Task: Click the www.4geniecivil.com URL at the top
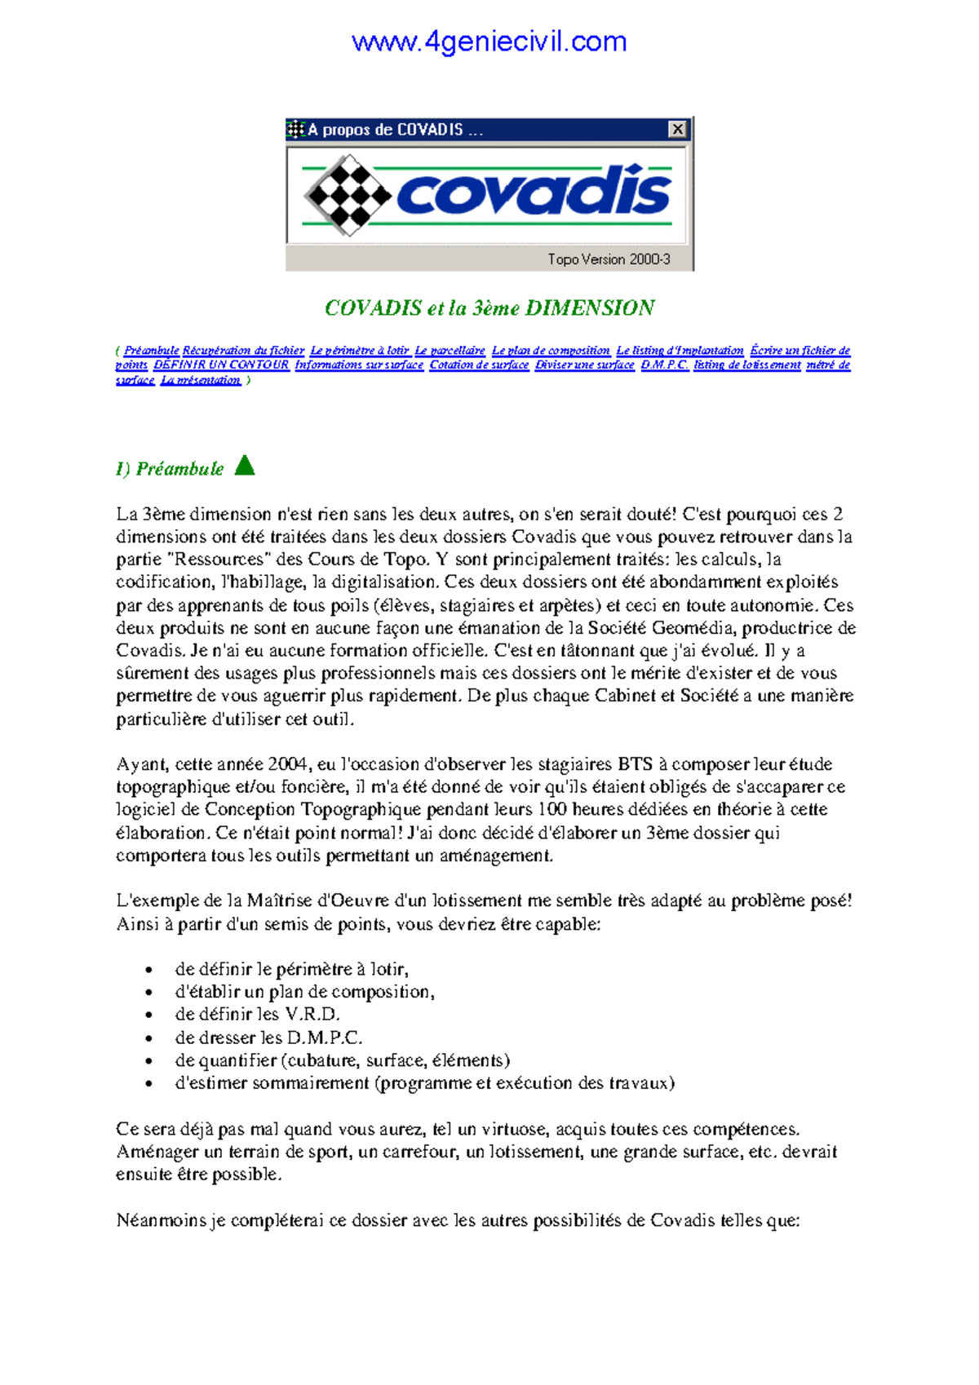pos(489,42)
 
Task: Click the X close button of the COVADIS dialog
pos(677,129)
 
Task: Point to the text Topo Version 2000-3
pos(609,259)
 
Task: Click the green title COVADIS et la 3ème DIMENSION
pos(489,308)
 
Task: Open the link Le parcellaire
pos(450,351)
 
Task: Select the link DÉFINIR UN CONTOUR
pos(221,365)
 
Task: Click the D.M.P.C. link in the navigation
pos(664,365)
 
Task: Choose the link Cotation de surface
pos(479,365)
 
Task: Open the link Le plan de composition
pos(551,351)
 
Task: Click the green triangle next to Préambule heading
pos(245,466)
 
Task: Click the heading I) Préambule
pos(170,469)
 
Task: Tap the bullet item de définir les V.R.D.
pos(257,1015)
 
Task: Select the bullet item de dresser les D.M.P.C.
pos(268,1038)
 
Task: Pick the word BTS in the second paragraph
pos(635,764)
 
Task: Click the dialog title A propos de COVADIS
pos(385,130)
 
